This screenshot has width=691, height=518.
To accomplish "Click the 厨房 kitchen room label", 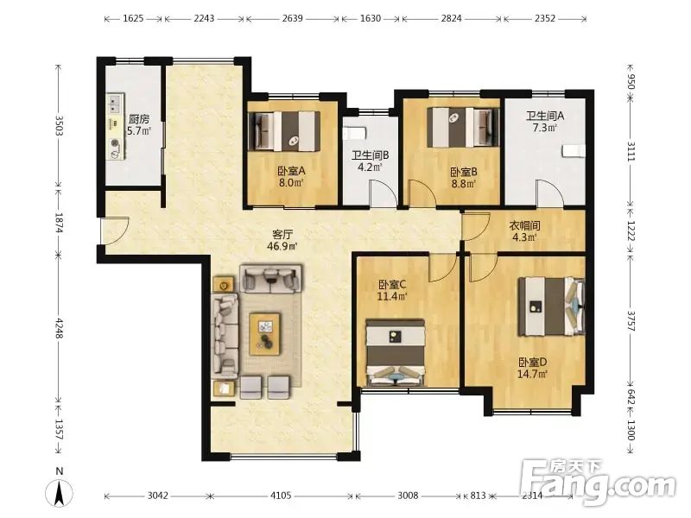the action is point(139,119).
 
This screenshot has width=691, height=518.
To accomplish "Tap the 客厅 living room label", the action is point(282,234).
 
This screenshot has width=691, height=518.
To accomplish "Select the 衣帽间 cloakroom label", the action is point(524,226).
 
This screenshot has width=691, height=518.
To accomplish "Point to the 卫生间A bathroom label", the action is point(545,116).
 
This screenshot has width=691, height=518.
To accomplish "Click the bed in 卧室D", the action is point(552,306).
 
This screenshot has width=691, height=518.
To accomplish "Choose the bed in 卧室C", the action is point(396,353).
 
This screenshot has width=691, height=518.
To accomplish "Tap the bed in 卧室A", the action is point(285,130).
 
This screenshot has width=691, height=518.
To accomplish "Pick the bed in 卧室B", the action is point(463,128).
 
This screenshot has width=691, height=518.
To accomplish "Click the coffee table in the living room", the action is point(265,334).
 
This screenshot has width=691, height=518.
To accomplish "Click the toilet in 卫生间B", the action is point(355,133).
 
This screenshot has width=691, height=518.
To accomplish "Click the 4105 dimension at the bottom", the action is point(281,496).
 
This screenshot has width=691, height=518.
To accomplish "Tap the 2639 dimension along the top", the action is point(293,18).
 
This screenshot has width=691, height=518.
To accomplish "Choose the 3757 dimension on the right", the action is point(631,321).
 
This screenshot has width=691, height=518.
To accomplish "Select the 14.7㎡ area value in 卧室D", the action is point(533,375).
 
